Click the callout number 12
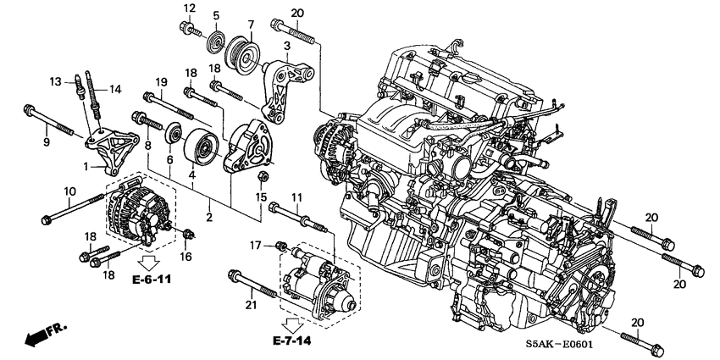[x=190, y=8]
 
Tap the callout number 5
[x=216, y=16]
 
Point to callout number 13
[x=56, y=81]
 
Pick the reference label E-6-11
[x=155, y=278]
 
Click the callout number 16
[x=186, y=255]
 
